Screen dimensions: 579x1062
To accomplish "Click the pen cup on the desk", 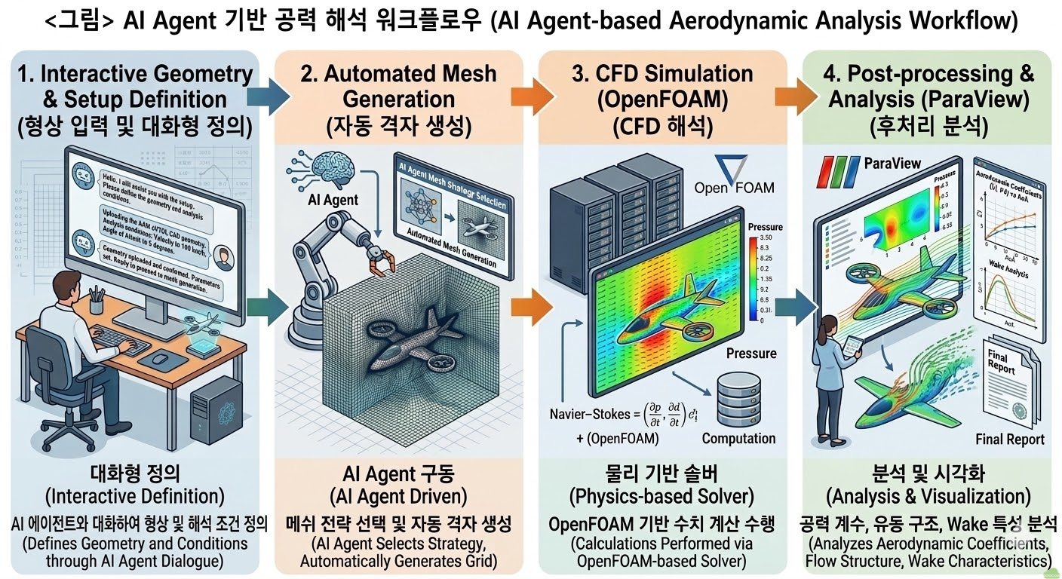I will [x=96, y=303].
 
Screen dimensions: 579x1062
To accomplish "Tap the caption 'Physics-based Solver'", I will [x=664, y=497].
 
